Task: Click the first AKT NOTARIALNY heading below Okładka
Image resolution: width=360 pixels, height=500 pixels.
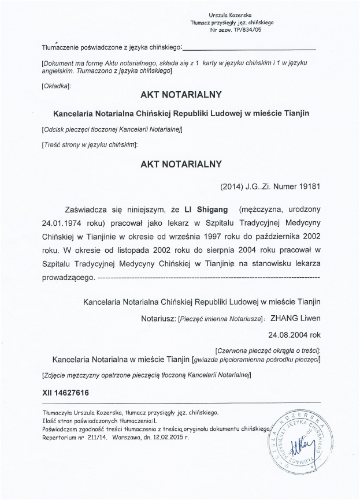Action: [181, 93]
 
